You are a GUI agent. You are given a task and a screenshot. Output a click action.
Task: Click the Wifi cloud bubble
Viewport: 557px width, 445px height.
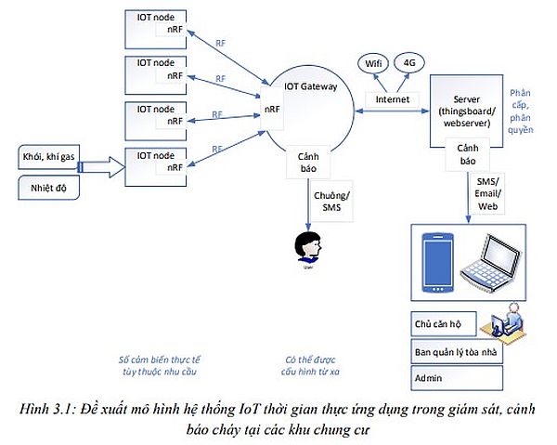pyautogui.click(x=373, y=63)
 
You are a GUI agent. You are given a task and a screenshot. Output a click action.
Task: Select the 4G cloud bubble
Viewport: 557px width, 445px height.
pyautogui.click(x=408, y=63)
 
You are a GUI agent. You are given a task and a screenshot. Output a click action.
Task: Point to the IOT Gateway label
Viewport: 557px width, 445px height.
pyautogui.click(x=311, y=85)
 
